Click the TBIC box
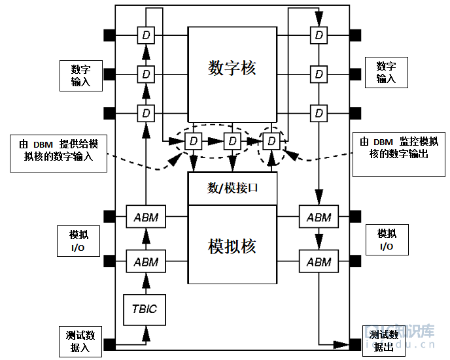point(145,310)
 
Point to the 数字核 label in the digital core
point(232,68)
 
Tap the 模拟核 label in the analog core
point(232,246)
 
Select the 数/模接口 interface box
point(232,189)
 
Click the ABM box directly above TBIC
point(146,261)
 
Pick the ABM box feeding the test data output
point(319,261)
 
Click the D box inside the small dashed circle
point(271,141)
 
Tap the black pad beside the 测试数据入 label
point(109,344)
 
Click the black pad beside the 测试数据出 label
point(355,344)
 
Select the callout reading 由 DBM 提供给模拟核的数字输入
point(59,154)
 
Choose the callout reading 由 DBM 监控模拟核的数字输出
point(399,154)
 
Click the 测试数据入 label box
point(80,342)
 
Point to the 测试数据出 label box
point(384,341)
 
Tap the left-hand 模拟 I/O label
point(78,241)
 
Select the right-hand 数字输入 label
point(387,73)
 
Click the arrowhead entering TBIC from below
point(146,334)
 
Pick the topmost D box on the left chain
point(146,35)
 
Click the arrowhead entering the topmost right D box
point(319,19)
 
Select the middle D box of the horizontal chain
point(232,141)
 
